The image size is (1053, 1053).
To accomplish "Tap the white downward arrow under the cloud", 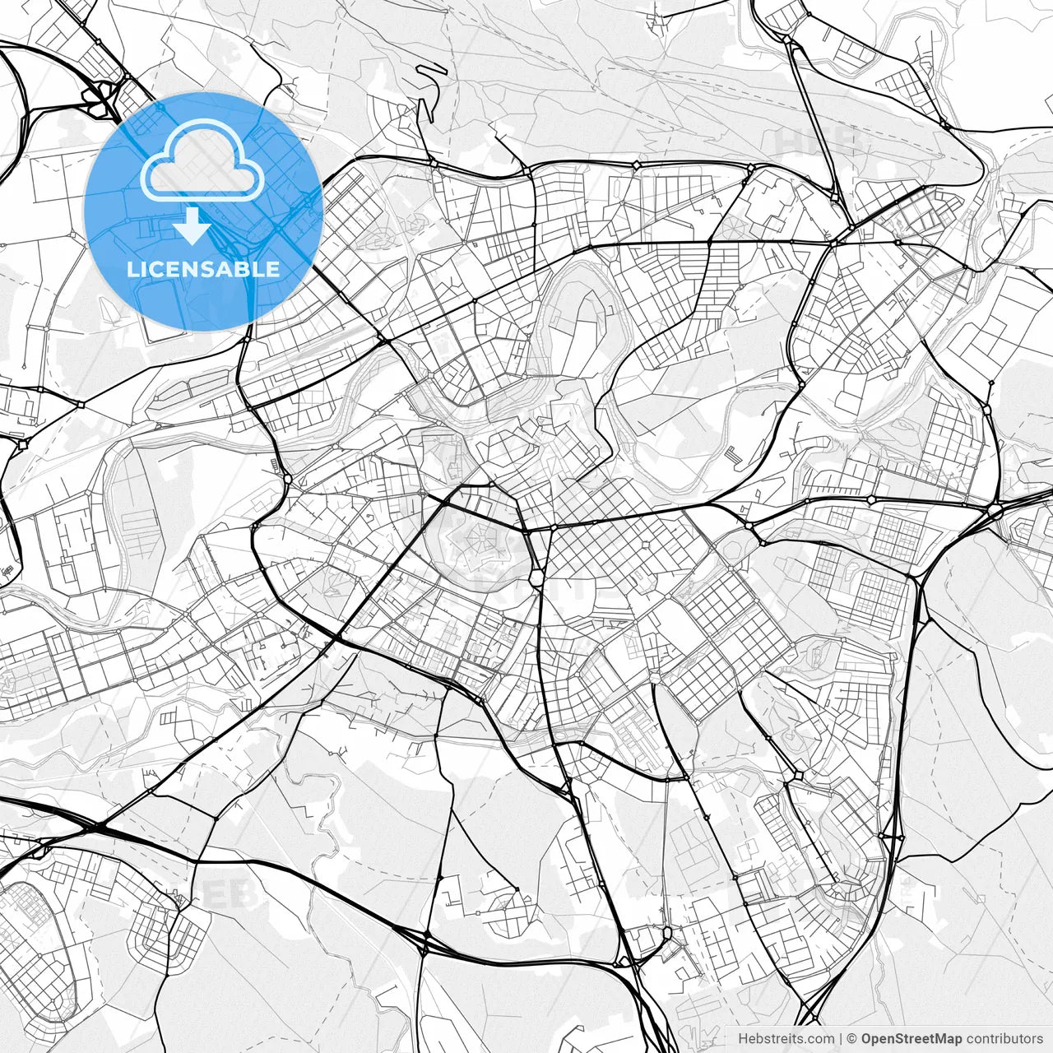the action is tap(193, 225).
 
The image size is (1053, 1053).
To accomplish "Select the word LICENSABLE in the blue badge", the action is tap(203, 269).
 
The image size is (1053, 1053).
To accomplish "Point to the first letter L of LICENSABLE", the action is tap(132, 269).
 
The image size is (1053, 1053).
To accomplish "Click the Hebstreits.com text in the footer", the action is tap(786, 1039).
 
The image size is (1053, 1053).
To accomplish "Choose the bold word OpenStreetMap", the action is tap(912, 1039).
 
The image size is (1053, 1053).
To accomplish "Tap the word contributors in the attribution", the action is tap(1004, 1039).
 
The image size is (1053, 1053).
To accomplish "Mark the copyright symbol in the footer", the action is tap(852, 1039).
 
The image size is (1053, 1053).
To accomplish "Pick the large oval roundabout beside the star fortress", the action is tap(536, 578).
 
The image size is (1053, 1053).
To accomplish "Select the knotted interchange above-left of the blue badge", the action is tap(100, 95).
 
